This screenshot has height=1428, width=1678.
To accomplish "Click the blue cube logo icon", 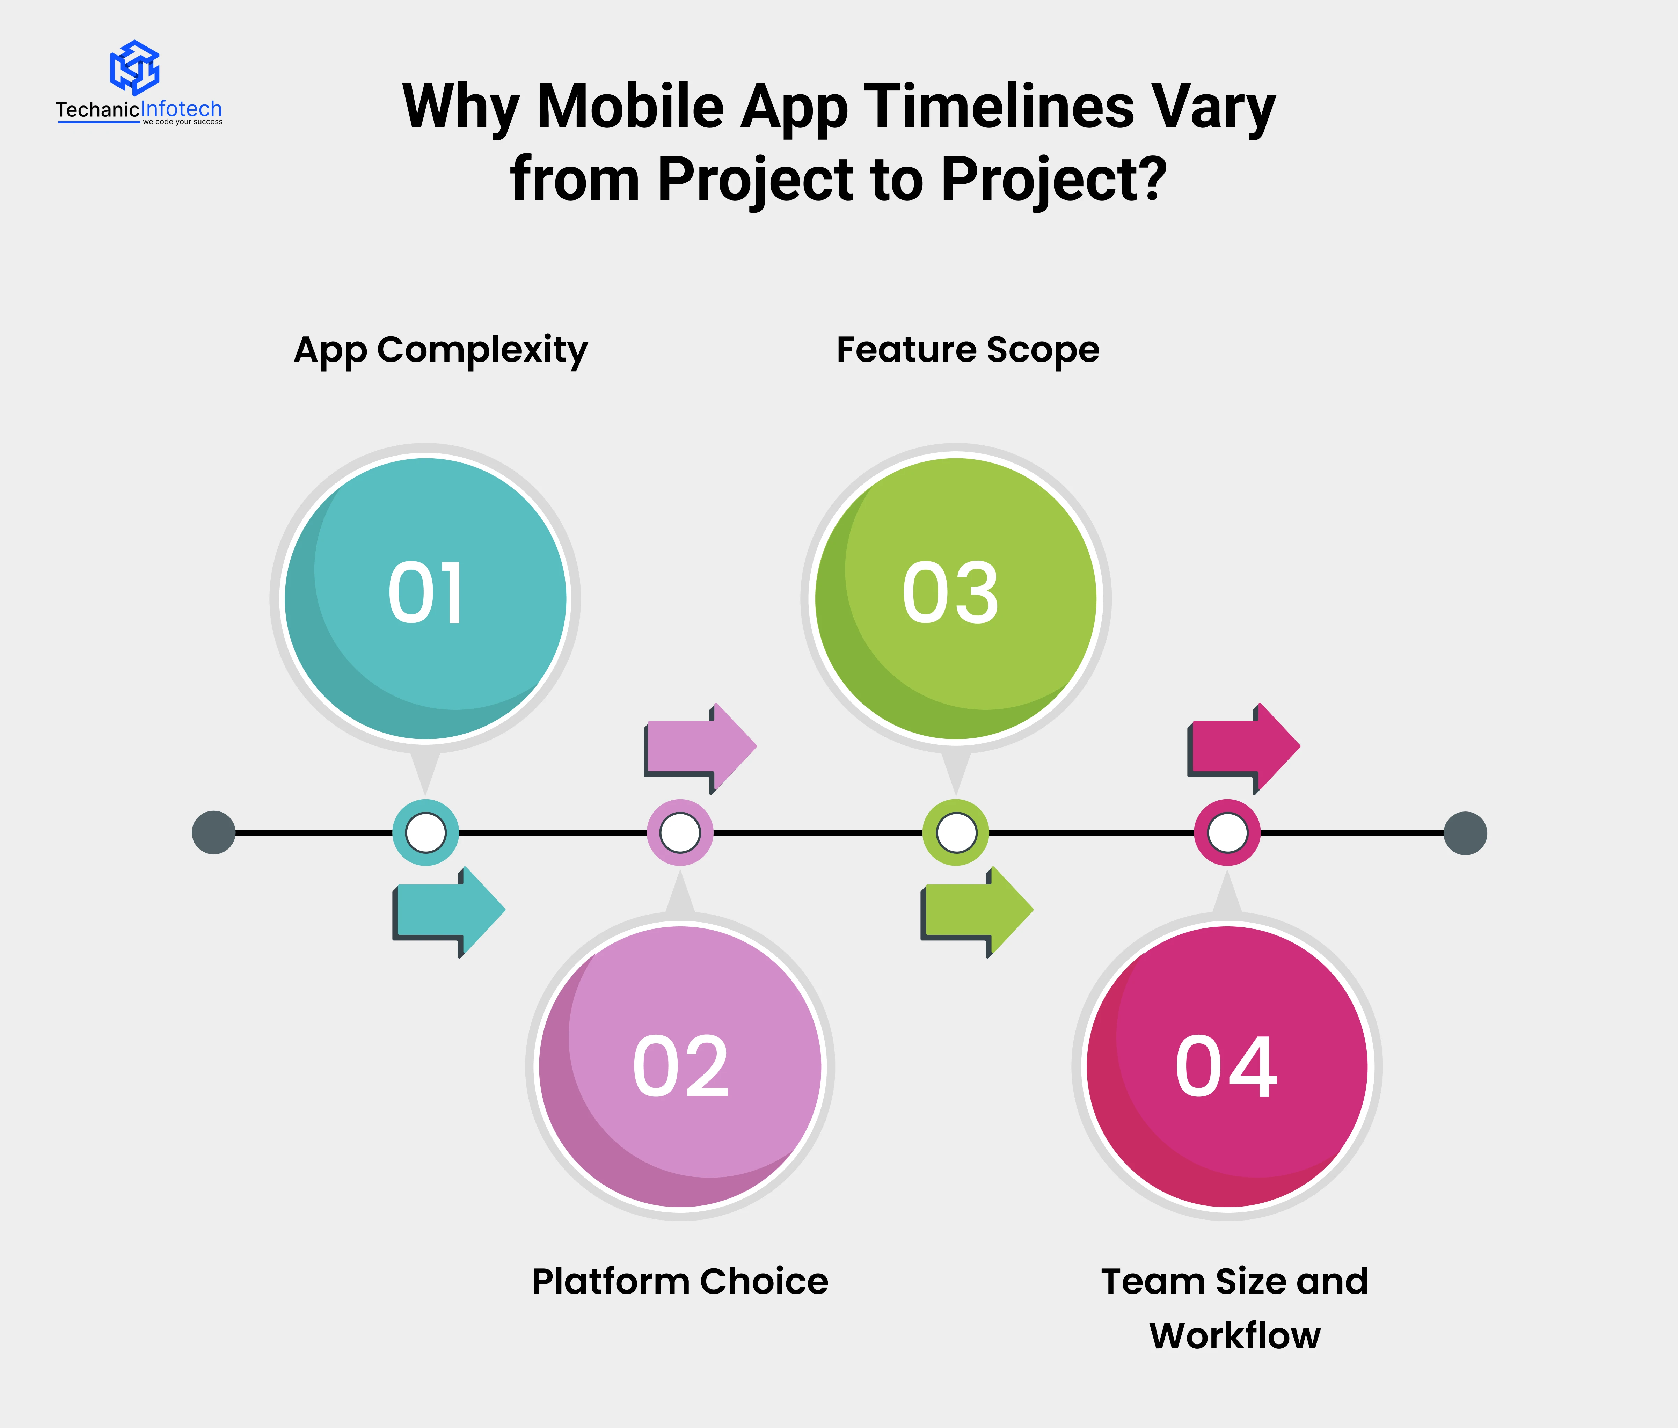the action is pyautogui.click(x=134, y=67).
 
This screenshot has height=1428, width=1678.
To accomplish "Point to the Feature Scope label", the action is pyautogui.click(x=968, y=350).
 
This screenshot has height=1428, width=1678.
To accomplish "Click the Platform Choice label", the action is pyautogui.click(x=680, y=1282).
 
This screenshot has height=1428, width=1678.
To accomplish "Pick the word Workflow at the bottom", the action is pyautogui.click(x=1235, y=1336).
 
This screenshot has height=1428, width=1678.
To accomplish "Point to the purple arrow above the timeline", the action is pyautogui.click(x=700, y=748).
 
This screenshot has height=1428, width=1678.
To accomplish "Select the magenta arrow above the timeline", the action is pyautogui.click(x=1243, y=748).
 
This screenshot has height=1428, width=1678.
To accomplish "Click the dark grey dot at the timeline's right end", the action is pyautogui.click(x=1465, y=833).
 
